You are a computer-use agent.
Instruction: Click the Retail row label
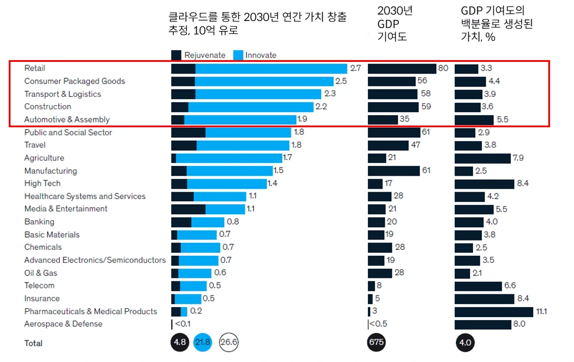point(34,68)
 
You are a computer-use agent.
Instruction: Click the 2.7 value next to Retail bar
point(356,68)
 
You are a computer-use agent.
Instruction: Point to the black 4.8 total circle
point(180,343)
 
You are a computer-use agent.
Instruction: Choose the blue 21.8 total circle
point(203,343)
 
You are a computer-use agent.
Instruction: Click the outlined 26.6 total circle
point(228,343)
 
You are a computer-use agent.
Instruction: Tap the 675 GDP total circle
point(377,343)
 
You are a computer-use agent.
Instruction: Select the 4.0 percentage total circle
point(465,343)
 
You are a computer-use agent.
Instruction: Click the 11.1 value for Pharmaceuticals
point(541,312)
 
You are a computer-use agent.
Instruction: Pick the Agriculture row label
point(44,158)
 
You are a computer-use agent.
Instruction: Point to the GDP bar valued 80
point(402,68)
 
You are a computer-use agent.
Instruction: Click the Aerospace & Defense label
point(63,324)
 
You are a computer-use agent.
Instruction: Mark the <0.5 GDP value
point(379,324)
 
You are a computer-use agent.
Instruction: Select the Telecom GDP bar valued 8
point(371,286)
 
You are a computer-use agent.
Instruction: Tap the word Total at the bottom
point(33,343)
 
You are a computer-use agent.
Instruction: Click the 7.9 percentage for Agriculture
point(518,158)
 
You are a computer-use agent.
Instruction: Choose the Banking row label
point(39,222)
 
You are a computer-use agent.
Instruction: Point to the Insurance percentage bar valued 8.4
point(484,299)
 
